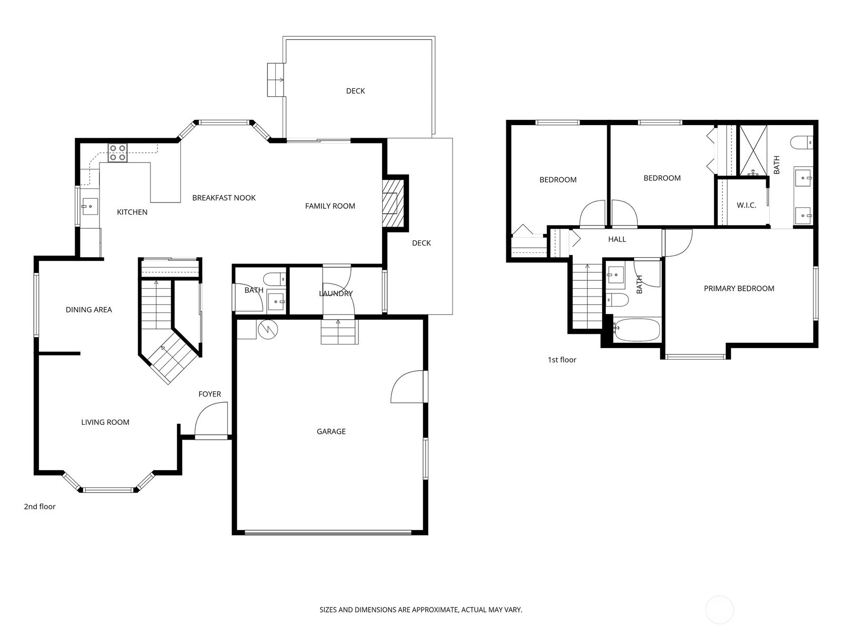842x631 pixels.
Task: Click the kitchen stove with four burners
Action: tap(117, 152)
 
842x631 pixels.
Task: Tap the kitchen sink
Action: tap(90, 207)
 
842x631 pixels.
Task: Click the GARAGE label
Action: tap(331, 431)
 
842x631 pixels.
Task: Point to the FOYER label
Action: tap(209, 394)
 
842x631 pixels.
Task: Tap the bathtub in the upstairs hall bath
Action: tap(636, 329)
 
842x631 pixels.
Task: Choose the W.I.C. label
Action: tap(746, 206)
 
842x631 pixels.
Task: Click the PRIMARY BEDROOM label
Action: tap(739, 289)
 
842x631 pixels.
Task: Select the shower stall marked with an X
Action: tap(754, 150)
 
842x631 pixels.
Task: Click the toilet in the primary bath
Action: tap(801, 142)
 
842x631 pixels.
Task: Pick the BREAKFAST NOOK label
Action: tap(224, 198)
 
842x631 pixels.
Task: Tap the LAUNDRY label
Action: tap(336, 293)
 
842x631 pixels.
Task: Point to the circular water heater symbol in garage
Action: tap(268, 330)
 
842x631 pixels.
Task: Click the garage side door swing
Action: tap(407, 386)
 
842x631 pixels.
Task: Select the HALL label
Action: tap(617, 239)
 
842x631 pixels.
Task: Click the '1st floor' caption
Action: tap(562, 360)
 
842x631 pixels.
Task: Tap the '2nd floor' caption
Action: tap(39, 506)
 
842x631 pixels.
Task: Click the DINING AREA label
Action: tap(88, 310)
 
